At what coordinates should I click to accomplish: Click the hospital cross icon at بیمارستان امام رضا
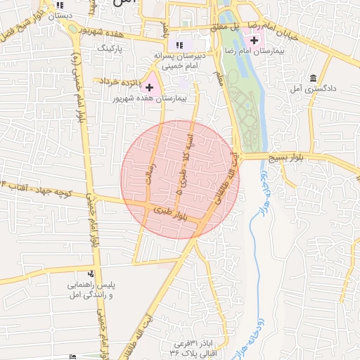[x=253, y=43]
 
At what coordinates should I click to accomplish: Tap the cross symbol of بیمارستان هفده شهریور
[x=149, y=86]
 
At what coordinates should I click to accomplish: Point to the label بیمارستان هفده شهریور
[x=150, y=99]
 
